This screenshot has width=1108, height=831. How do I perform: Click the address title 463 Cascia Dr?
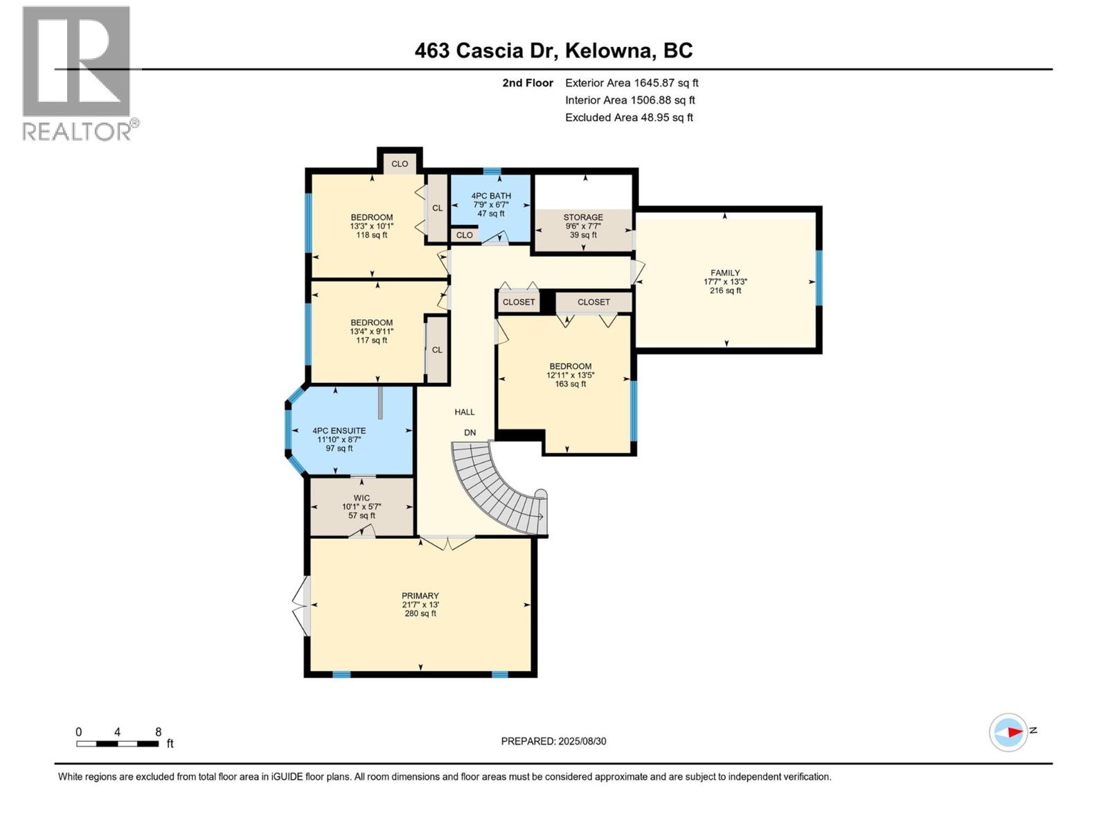(553, 51)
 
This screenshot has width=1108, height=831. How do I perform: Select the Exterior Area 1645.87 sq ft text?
(632, 83)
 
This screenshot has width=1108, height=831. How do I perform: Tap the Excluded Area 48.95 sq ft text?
(629, 118)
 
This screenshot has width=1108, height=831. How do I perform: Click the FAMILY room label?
(725, 273)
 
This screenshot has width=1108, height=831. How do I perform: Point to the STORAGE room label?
(583, 217)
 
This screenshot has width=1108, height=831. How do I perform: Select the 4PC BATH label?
(491, 196)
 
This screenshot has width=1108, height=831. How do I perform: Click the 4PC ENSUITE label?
(339, 431)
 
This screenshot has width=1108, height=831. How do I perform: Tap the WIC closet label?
(361, 498)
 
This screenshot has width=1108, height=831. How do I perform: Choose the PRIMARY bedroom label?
(420, 596)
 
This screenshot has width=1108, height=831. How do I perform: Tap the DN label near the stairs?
(470, 433)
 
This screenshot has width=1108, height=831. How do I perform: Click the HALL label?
(465, 412)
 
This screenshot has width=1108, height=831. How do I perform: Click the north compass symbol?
(1009, 732)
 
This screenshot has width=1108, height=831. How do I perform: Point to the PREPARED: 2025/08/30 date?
(553, 741)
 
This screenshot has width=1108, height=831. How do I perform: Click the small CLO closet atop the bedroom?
(400, 164)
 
